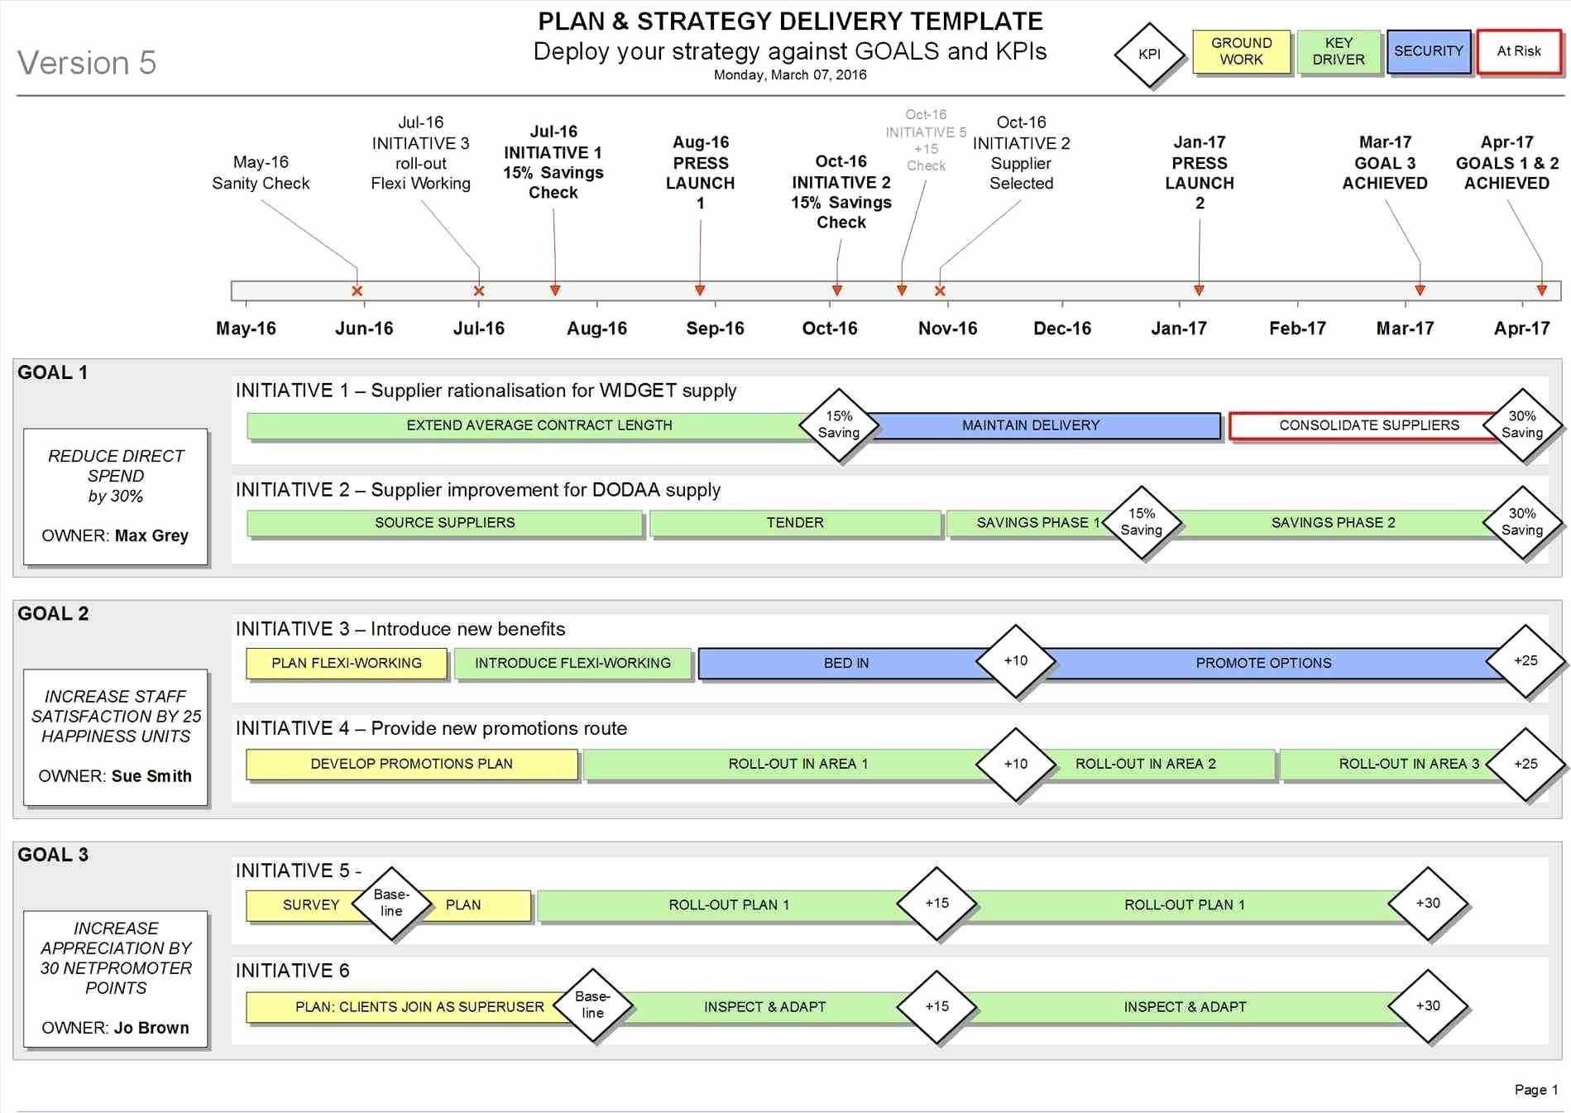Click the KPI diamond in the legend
coord(1149,55)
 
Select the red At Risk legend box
coord(1519,51)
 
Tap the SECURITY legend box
coord(1428,51)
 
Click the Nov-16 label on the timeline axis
coord(947,329)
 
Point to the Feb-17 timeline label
coord(1296,329)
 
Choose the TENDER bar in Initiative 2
coord(794,523)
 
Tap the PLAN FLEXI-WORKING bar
coord(347,664)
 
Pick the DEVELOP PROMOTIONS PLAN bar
coord(411,764)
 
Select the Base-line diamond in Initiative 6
coord(592,1005)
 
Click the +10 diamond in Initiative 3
coord(1016,661)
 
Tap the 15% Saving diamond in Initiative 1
coord(839,425)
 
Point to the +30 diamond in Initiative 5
coord(1428,904)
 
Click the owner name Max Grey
coord(151,535)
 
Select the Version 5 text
coord(87,63)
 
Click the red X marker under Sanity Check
coord(357,291)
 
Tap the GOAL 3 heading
coord(53,855)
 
